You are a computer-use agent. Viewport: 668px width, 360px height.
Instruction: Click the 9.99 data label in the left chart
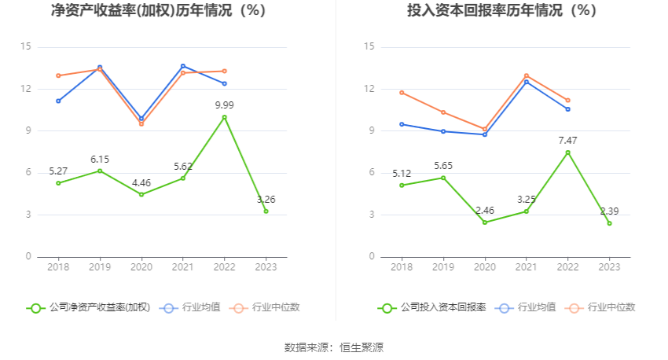click(224, 105)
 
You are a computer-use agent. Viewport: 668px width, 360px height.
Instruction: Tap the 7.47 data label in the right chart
click(567, 140)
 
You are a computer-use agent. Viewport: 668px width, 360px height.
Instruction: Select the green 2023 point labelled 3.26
click(266, 211)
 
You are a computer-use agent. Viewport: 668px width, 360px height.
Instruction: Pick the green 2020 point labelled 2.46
click(484, 222)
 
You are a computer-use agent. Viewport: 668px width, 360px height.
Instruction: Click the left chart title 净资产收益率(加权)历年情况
click(158, 11)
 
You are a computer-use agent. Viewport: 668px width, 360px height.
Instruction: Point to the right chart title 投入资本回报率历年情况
click(501, 11)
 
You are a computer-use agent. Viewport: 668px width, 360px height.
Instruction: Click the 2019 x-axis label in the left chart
click(100, 267)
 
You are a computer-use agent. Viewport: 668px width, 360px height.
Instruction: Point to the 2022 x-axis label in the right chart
click(567, 267)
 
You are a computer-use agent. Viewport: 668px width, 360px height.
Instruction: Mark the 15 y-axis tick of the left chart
click(26, 47)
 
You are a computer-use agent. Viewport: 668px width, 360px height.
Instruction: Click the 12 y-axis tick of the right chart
click(369, 89)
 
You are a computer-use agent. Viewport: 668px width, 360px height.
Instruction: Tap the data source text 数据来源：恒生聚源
click(334, 347)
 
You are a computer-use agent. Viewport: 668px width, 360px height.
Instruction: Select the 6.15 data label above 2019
click(100, 160)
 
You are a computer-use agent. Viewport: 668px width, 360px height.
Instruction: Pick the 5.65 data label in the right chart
click(443, 166)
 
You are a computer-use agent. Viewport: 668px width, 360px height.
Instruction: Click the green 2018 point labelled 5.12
click(402, 186)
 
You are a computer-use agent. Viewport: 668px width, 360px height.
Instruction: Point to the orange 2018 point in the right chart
click(402, 93)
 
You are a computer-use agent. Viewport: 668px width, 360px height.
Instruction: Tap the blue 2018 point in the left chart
click(58, 101)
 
